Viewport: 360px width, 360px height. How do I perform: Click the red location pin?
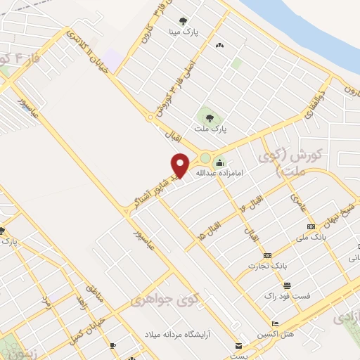(x=180, y=165)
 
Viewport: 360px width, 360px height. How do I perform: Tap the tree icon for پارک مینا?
(x=184, y=21)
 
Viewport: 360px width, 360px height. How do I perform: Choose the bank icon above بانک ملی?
(x=311, y=226)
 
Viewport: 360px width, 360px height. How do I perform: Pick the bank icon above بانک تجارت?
(x=267, y=255)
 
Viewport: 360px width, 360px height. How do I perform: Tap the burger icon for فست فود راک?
(x=287, y=285)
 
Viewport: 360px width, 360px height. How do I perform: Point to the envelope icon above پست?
(x=239, y=346)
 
